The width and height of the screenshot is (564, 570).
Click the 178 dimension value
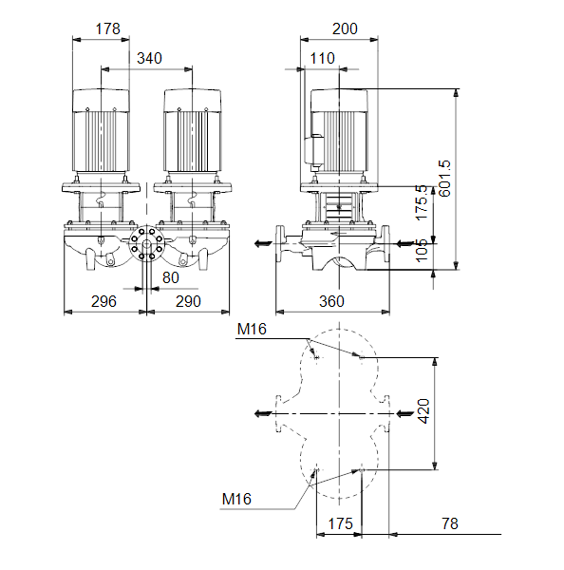[x=107, y=28]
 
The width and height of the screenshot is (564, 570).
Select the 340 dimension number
[x=149, y=58]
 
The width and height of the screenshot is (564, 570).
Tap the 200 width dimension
[x=345, y=28]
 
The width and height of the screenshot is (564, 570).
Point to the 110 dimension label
[x=322, y=58]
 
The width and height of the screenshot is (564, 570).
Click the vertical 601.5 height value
[x=444, y=179]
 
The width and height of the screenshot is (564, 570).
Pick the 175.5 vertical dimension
[x=422, y=202]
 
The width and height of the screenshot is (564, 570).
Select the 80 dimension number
[x=171, y=277]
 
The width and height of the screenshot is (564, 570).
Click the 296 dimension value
[x=103, y=301]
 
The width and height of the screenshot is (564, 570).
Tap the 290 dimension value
[x=188, y=301]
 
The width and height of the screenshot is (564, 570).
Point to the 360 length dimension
[x=331, y=301]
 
